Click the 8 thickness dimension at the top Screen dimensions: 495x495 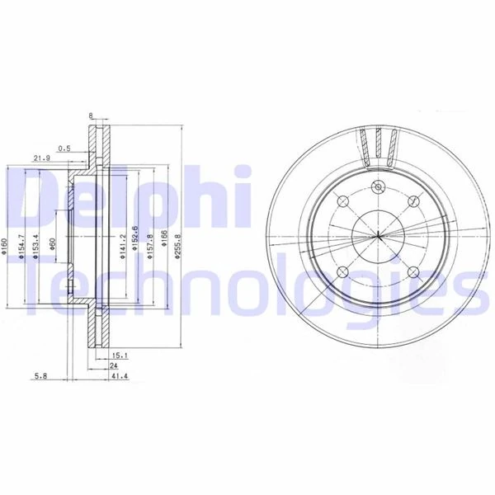(90, 116)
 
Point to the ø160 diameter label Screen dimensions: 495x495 (7, 247)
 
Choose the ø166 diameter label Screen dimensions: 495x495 (164, 246)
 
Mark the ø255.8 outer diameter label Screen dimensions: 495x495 (178, 246)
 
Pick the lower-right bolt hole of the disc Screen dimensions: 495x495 (411, 270)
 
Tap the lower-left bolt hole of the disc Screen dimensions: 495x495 (343, 270)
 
